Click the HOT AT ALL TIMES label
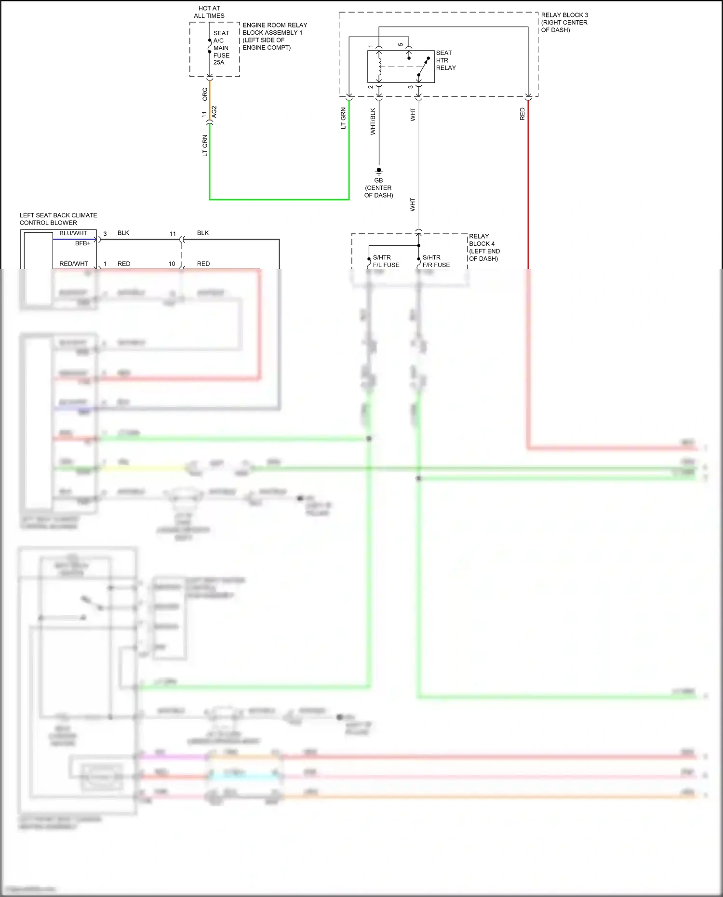tap(209, 12)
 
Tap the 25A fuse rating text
tap(219, 62)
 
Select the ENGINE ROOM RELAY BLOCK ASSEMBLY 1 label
tap(274, 36)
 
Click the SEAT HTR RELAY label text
tap(445, 60)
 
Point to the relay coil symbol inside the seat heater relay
tap(379, 67)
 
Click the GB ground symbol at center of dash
tap(379, 171)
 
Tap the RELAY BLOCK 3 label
tap(564, 22)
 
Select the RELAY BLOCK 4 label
tap(484, 247)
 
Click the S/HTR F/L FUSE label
tap(386, 261)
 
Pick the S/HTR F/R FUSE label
tap(436, 261)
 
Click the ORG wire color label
tap(205, 94)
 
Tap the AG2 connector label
tap(214, 111)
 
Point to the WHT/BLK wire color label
tap(373, 121)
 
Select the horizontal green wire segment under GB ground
tap(280, 199)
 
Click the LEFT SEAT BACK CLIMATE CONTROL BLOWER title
tap(58, 219)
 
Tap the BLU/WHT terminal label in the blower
tap(73, 233)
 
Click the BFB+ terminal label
tap(82, 243)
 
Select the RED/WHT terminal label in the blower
tap(74, 264)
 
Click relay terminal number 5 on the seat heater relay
tap(401, 45)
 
